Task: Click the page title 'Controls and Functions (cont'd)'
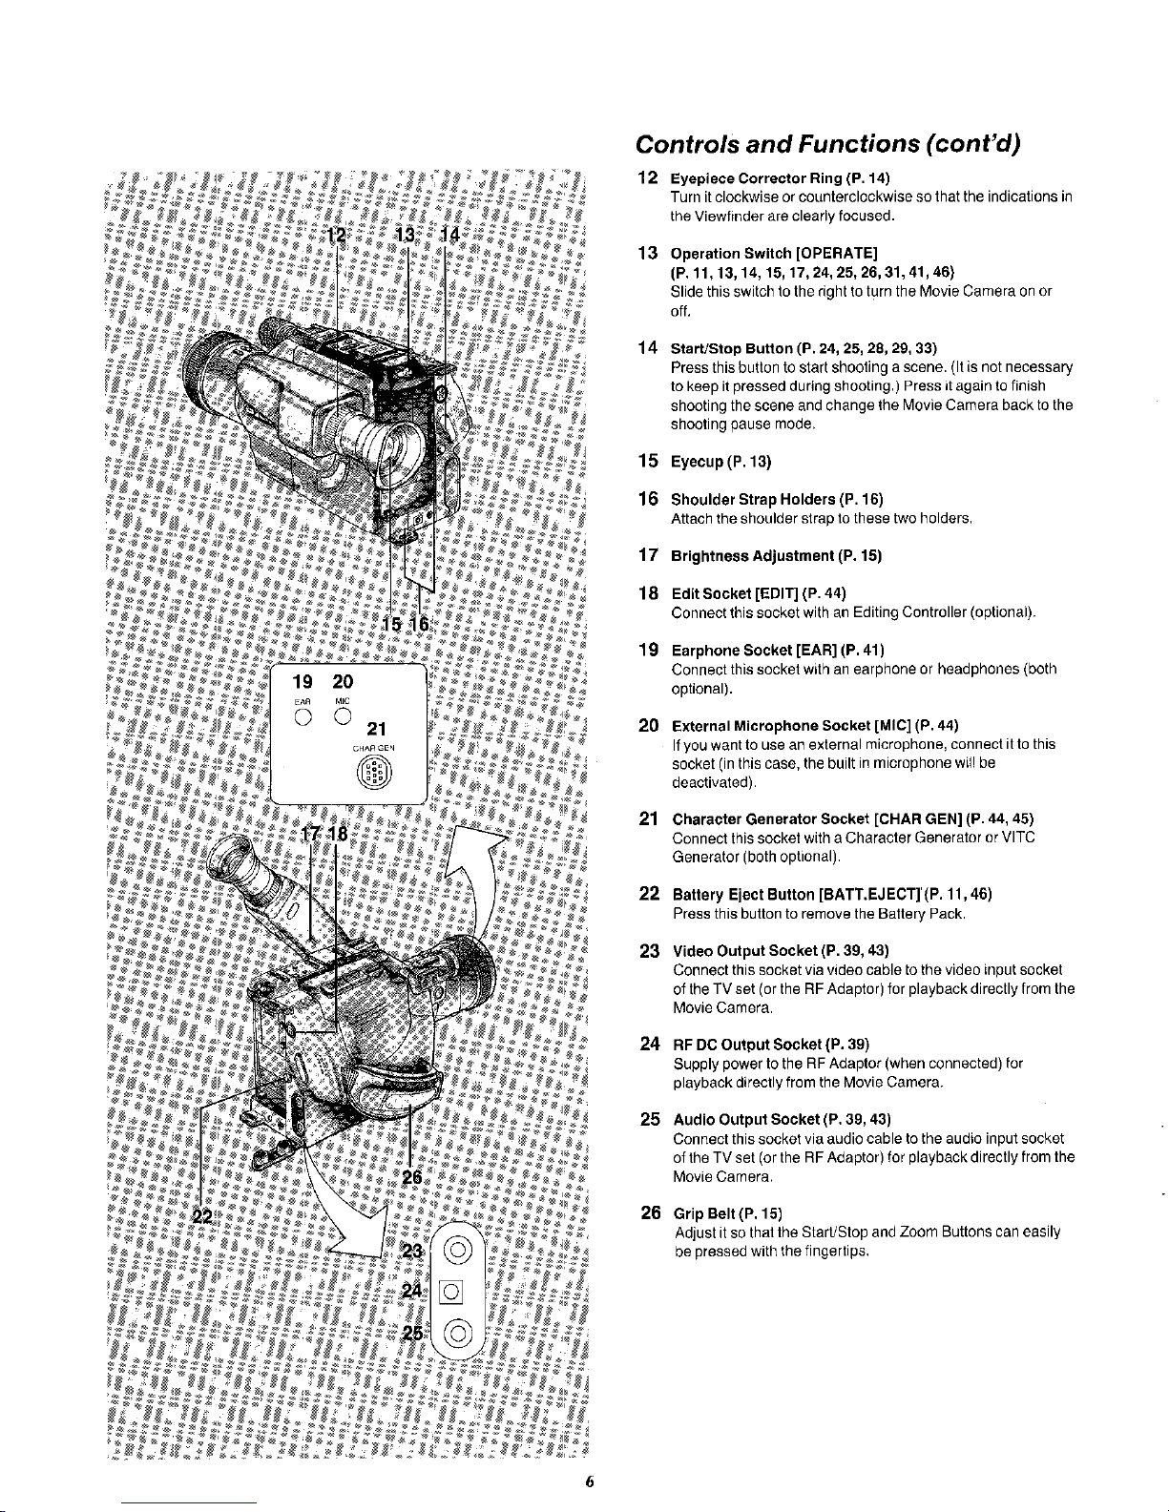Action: tap(827, 144)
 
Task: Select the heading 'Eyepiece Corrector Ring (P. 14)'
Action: tap(780, 178)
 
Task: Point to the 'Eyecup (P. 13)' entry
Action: tap(721, 462)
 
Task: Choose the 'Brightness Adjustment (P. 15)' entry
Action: tap(776, 555)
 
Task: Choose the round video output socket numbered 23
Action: tap(457, 1250)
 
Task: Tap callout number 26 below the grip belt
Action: tap(411, 1177)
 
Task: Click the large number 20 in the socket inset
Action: tap(343, 681)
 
